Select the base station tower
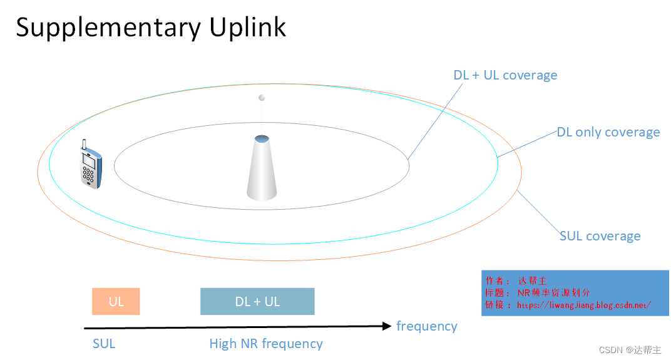262,168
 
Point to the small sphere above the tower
262,98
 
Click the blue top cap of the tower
262,138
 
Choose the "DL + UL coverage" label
505,75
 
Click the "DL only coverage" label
608,132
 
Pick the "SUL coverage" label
600,236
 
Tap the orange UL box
116,301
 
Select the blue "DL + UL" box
257,301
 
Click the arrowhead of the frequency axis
386,326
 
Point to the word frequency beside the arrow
427,326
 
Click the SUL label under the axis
104,344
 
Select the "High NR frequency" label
266,344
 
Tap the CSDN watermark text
630,350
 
